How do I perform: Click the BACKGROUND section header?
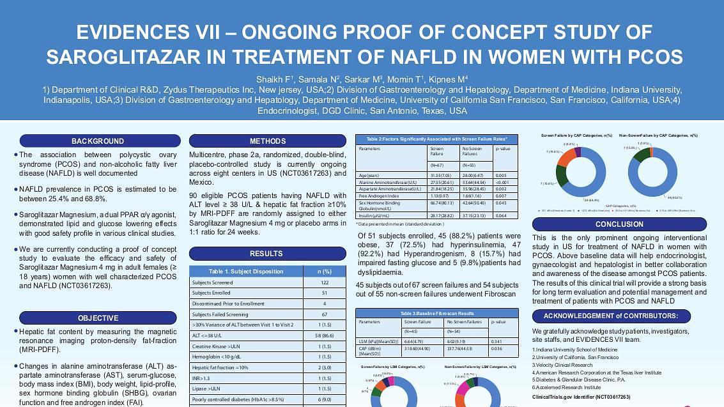98,141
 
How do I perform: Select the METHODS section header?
268,141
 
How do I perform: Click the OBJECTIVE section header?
98,318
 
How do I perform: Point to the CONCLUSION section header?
619,224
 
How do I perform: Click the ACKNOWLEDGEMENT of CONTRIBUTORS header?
619,316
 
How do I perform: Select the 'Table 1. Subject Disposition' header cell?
246,272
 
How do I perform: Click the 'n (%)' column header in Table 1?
325,272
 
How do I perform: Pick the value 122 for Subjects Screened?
325,282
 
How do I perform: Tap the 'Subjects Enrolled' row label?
212,293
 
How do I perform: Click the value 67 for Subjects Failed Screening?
325,314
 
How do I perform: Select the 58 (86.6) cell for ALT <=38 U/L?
325,335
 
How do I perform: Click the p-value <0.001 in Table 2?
502,182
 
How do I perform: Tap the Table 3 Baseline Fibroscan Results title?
437,314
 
